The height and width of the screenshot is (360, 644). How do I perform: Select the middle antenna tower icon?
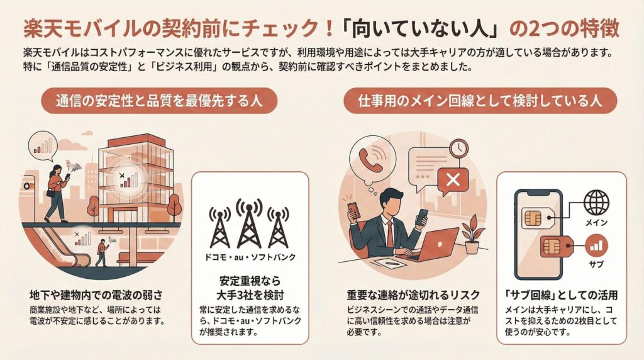249,225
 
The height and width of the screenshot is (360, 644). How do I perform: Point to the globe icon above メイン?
596,203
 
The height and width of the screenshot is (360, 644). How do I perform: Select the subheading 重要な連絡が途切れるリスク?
413,295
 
